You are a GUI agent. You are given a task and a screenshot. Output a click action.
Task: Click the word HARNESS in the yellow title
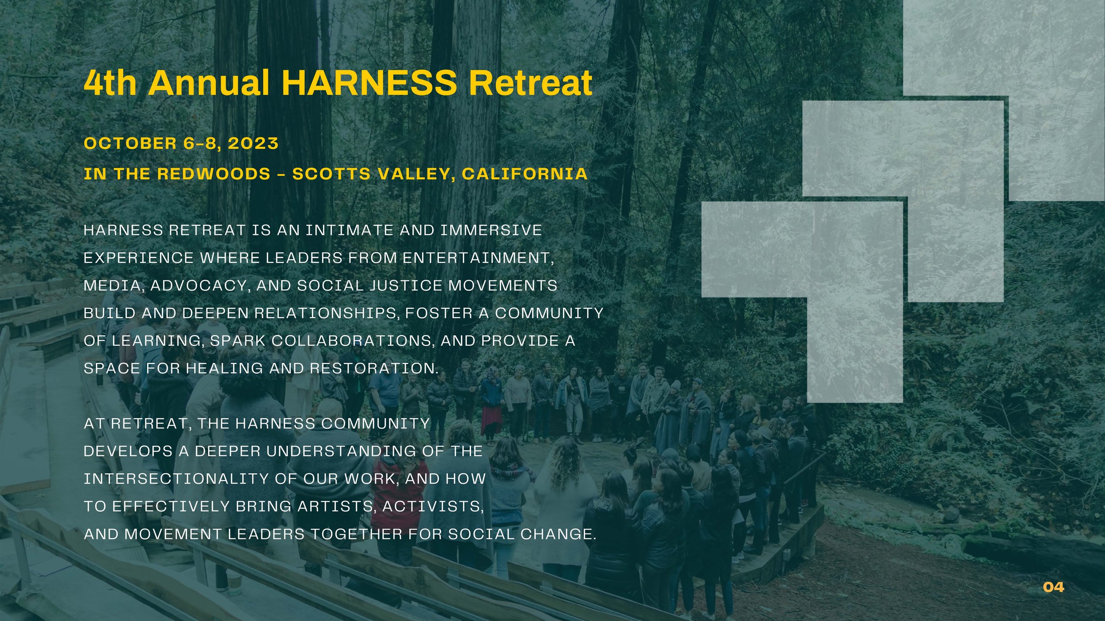pyautogui.click(x=369, y=83)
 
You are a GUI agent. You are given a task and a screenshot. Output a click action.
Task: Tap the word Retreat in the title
pyautogui.click(x=530, y=83)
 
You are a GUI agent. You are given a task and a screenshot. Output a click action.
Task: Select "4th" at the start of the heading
pyautogui.click(x=110, y=83)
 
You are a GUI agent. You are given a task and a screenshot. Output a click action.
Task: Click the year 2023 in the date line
pyautogui.click(x=253, y=144)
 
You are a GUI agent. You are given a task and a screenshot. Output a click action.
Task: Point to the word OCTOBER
pyautogui.click(x=130, y=144)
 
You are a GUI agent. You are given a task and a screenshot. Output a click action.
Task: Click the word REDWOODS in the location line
pyautogui.click(x=214, y=174)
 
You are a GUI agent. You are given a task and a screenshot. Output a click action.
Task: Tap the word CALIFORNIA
pyautogui.click(x=525, y=174)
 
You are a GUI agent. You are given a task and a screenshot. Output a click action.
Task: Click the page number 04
pyautogui.click(x=1053, y=587)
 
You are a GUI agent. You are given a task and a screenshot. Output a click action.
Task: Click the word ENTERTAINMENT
pyautogui.click(x=477, y=258)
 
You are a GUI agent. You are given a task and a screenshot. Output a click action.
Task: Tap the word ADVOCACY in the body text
pyautogui.click(x=201, y=286)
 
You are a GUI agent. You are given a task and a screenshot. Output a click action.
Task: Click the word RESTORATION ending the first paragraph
pyautogui.click(x=374, y=368)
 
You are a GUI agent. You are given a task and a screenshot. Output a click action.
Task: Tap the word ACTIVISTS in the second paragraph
pyautogui.click(x=433, y=507)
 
